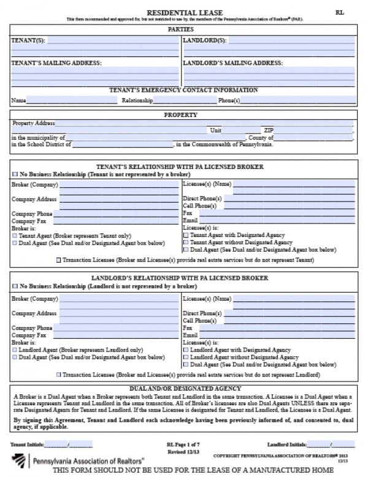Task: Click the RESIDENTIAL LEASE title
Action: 184,12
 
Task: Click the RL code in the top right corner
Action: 340,12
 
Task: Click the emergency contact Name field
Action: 71,100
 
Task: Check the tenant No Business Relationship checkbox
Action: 15,175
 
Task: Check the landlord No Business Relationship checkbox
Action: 15,286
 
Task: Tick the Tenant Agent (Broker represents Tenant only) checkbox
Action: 15,235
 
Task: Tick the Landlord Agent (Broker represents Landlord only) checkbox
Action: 15,350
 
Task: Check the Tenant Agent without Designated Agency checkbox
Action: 186,242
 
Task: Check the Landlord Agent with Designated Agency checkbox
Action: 186,350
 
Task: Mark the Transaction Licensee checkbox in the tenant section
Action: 59,260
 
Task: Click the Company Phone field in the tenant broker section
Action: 116,214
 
